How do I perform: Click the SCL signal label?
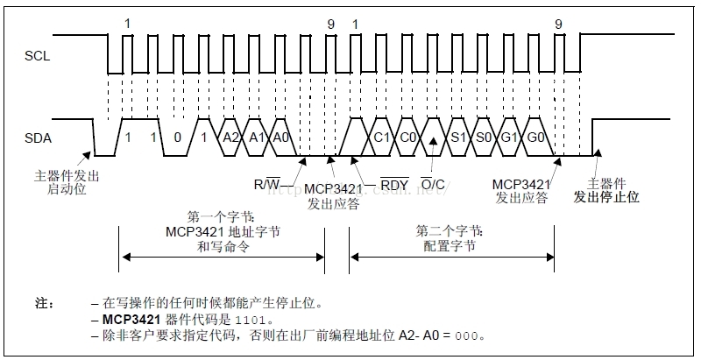point(36,57)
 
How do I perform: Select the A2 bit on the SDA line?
point(230,138)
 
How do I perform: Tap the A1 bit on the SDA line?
point(257,138)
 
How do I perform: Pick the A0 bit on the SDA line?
point(281,138)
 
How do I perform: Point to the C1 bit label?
point(381,138)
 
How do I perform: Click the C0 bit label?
point(407,138)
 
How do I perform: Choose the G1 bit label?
point(509,138)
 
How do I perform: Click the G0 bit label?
point(535,138)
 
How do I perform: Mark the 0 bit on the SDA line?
point(179,138)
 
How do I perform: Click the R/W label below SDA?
point(267,185)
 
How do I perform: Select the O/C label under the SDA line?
point(432,185)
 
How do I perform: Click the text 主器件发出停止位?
point(607,190)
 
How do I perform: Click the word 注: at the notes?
point(45,303)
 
